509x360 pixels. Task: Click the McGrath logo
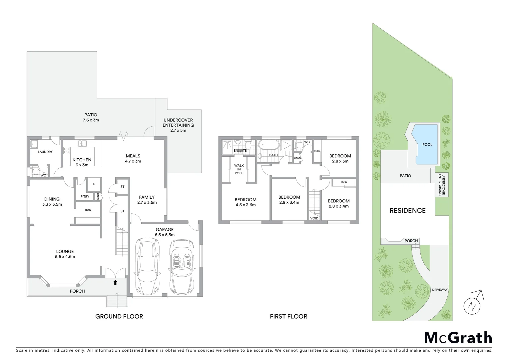tap(458, 338)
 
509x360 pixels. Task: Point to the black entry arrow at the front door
tap(115, 283)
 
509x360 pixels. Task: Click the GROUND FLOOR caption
tap(119, 316)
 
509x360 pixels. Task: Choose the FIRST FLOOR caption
tap(288, 316)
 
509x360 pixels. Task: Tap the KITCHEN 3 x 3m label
tap(82, 162)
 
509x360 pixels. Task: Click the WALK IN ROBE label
tap(239, 169)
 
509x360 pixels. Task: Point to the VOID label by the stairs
tap(314, 218)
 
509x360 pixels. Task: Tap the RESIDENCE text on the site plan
tap(408, 210)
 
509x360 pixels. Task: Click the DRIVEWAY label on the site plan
tap(440, 290)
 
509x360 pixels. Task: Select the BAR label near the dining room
tap(88, 210)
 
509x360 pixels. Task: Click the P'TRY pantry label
tap(85, 197)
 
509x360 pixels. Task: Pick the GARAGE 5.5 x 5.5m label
tap(165, 232)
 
